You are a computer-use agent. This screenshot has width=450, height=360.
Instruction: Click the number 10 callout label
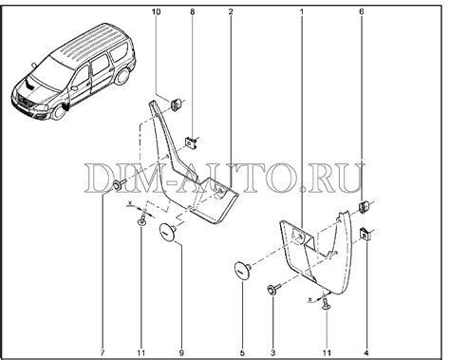click(x=156, y=12)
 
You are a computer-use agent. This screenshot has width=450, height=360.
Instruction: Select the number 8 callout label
click(x=193, y=12)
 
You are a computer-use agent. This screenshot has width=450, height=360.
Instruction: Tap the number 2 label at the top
click(x=231, y=12)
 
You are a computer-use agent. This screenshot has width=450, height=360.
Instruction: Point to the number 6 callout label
click(x=362, y=12)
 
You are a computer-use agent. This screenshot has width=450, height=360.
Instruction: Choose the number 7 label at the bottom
click(x=103, y=352)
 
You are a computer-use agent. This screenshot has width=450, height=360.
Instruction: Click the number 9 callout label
click(x=181, y=352)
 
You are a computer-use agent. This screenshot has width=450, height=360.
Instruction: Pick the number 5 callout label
click(x=242, y=352)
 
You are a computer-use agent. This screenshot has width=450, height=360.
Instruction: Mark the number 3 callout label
click(x=273, y=352)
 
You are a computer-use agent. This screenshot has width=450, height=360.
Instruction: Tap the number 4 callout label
click(x=366, y=352)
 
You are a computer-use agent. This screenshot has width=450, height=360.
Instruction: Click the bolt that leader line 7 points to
click(x=119, y=184)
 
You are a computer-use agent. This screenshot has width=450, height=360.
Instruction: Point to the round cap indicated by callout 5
click(x=243, y=271)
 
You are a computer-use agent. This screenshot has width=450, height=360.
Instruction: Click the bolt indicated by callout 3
click(x=274, y=289)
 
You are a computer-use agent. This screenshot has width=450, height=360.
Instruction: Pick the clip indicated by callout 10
click(x=177, y=104)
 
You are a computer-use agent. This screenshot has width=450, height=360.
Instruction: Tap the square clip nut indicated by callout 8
click(x=191, y=142)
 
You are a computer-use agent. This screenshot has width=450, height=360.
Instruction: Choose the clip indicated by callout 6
click(x=365, y=206)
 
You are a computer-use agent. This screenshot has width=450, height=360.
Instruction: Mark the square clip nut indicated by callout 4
click(x=366, y=235)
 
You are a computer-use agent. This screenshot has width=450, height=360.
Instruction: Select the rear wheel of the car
click(x=122, y=77)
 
